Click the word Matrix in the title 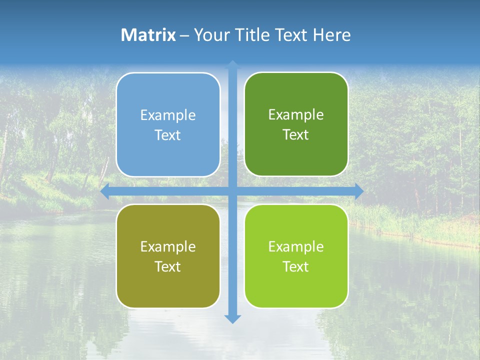pyautogui.click(x=148, y=35)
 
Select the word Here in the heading pyautogui.click(x=332, y=35)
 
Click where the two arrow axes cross pyautogui.click(x=232, y=191)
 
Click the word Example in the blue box pyautogui.click(x=168, y=115)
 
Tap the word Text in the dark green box pyautogui.click(x=296, y=135)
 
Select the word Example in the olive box pyautogui.click(x=168, y=247)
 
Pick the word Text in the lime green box pyautogui.click(x=296, y=266)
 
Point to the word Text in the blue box pyautogui.click(x=168, y=135)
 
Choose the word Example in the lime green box pyautogui.click(x=296, y=247)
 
